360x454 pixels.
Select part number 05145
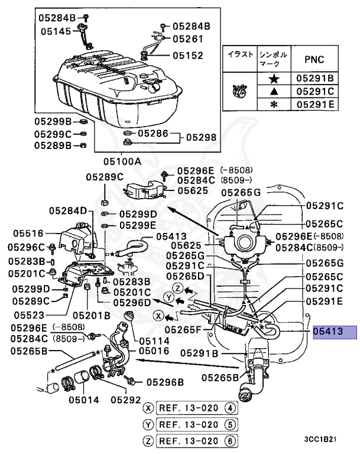(x=53, y=31)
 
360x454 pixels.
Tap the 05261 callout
(x=187, y=39)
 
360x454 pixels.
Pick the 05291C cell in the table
(x=315, y=91)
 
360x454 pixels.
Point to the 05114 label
(x=154, y=341)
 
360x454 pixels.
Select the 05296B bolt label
(x=165, y=381)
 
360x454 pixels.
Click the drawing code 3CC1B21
(x=321, y=440)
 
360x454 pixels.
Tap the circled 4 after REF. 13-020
(x=231, y=407)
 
